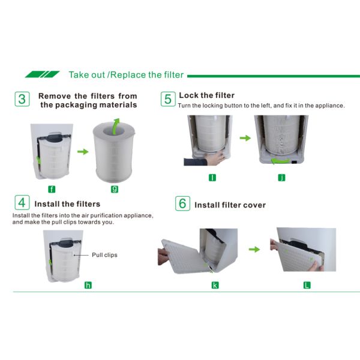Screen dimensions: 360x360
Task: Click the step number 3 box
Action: (22, 99)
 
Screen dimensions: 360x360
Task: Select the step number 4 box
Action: (22, 203)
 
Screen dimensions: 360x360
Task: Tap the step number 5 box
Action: (168, 98)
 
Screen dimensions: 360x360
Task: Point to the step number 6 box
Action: (182, 203)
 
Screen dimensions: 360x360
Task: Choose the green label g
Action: (114, 189)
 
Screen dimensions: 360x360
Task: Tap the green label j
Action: (282, 177)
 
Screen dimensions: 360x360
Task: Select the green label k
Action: (215, 285)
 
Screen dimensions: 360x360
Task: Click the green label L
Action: (307, 285)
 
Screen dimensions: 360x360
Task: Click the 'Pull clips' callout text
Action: (104, 255)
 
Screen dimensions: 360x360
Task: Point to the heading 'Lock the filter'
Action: (206, 95)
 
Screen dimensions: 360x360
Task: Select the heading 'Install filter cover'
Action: (230, 205)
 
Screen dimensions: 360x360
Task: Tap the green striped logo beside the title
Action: (42, 74)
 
